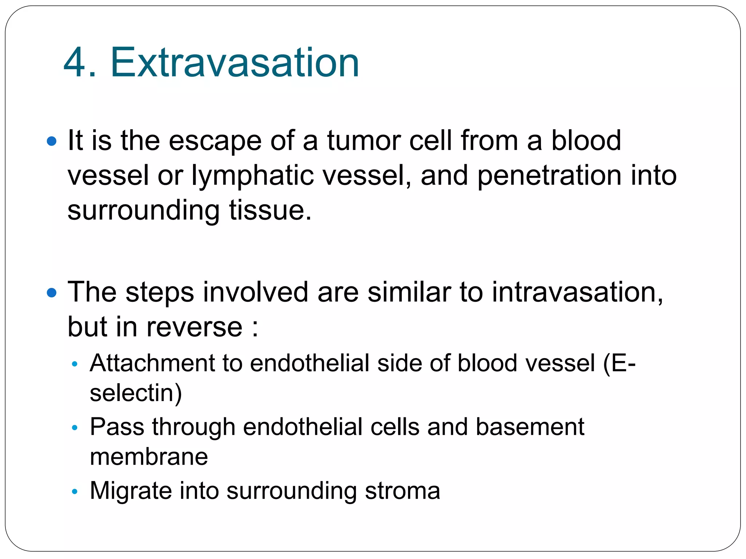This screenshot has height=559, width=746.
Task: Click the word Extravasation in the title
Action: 235,63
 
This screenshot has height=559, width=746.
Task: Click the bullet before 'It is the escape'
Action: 52,141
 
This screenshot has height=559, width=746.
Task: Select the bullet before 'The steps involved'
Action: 52,293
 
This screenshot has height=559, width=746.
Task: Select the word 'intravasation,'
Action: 577,293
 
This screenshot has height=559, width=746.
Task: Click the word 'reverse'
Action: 194,327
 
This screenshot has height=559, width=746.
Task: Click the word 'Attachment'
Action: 152,363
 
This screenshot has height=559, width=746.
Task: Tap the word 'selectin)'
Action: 136,393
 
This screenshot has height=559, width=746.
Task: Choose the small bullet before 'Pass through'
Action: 75,428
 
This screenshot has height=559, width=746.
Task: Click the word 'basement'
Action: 530,427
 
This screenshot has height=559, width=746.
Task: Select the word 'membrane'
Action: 149,457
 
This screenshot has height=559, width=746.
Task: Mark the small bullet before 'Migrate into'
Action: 75,492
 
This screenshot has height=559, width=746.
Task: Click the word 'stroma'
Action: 403,491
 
